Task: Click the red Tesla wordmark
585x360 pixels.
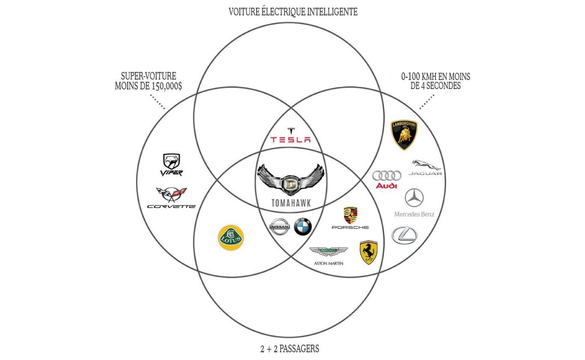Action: point(290,139)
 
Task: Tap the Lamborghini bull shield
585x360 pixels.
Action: point(404,135)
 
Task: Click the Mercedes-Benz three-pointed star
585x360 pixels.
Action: point(414,198)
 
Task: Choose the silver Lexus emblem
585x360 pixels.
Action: point(404,235)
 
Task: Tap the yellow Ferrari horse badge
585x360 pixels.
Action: point(368,252)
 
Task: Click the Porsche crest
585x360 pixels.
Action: point(350,215)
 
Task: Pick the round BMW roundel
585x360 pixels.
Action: point(303,226)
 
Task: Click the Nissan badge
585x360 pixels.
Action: point(280,226)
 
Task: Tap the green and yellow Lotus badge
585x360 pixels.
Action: point(231,238)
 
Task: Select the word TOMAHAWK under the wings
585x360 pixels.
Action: point(291,203)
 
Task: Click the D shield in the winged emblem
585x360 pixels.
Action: point(290,184)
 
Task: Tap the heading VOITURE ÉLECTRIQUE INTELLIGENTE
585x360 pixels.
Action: point(293,12)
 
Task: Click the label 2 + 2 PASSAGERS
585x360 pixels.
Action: point(290,349)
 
